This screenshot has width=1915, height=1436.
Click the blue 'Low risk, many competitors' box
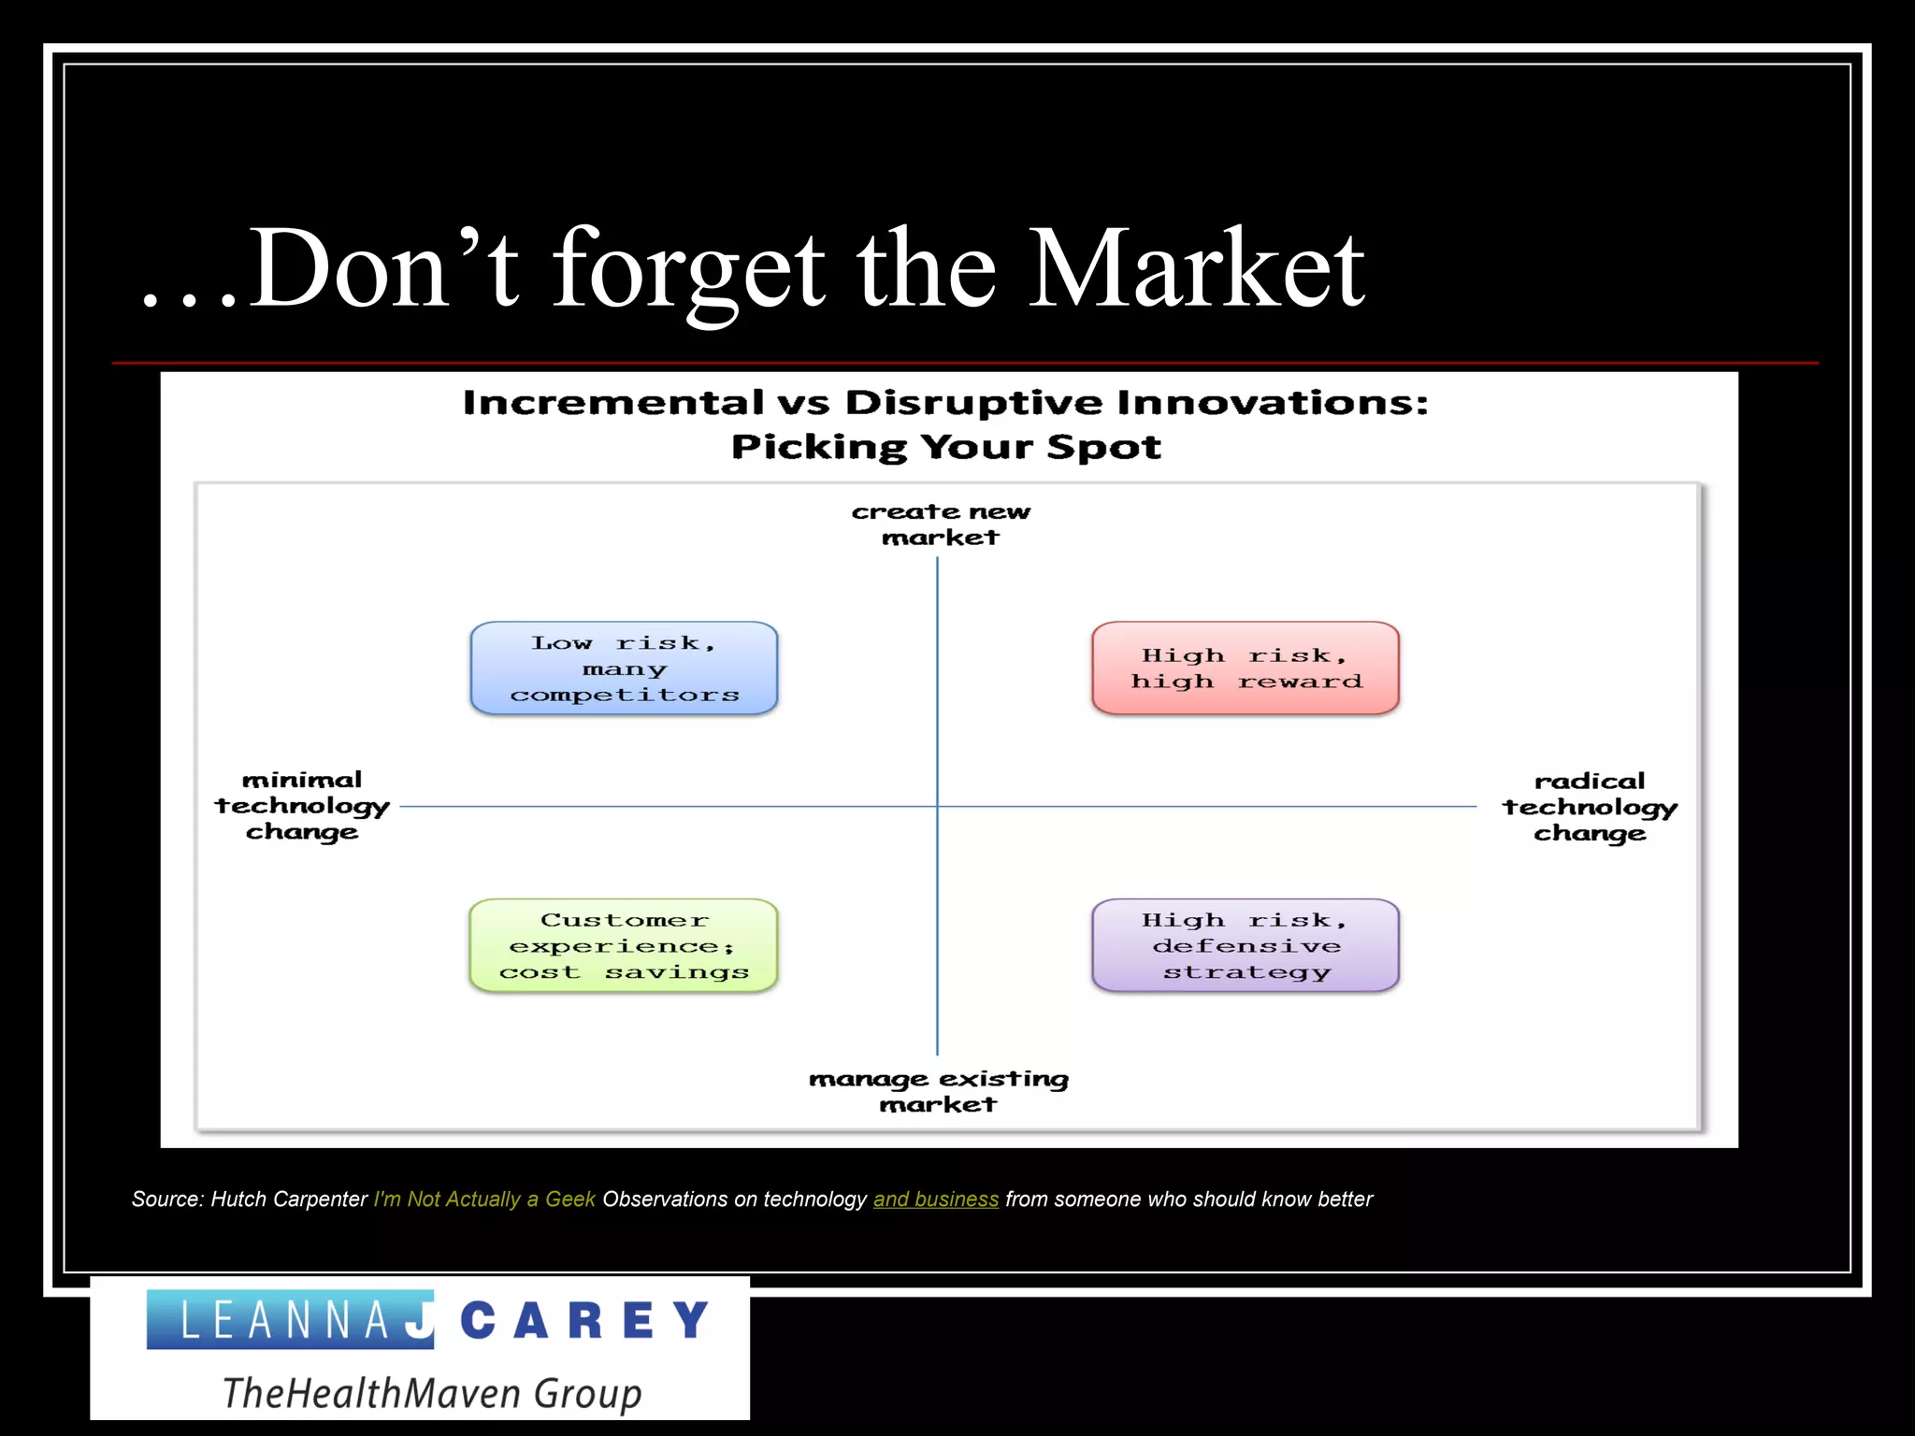coord(624,668)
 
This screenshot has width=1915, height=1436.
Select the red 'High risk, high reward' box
coord(1245,668)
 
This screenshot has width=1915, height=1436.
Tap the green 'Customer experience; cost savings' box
coord(624,946)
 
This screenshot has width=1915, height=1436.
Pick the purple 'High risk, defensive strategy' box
coord(1245,946)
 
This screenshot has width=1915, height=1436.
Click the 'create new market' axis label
coord(940,524)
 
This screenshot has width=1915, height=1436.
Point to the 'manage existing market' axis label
coord(938,1091)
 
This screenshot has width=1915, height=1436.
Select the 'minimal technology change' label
coord(302,806)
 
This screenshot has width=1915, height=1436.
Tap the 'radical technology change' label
coord(1590,807)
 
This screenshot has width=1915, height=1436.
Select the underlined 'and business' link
coord(935,1199)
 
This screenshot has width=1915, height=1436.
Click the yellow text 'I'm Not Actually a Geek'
coord(483,1199)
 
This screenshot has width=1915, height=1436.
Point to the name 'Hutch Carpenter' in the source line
coord(289,1199)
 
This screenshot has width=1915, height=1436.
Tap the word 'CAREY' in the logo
coord(586,1321)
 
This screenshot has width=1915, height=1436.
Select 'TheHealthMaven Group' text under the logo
coord(431,1393)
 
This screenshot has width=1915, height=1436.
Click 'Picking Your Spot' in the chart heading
coord(945,447)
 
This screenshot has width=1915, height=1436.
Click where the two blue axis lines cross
coord(938,806)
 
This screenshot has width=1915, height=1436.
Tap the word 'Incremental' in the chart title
coord(612,403)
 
